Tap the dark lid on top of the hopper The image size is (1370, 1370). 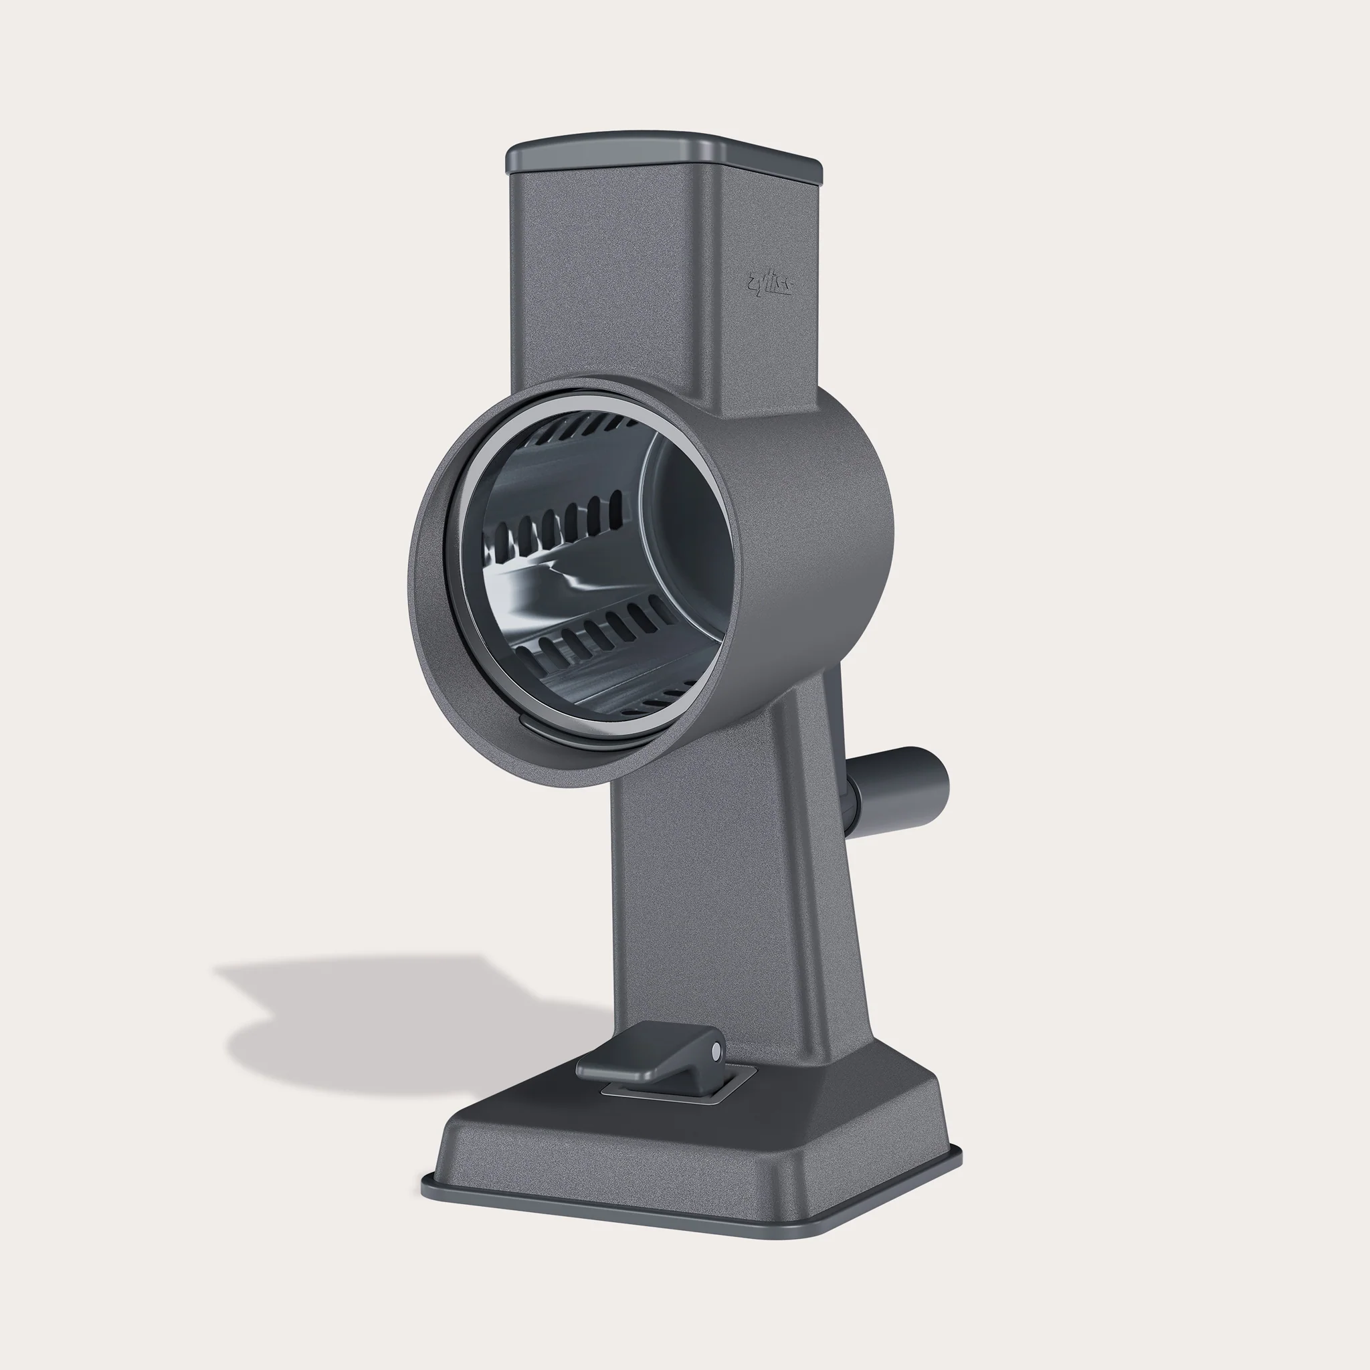(x=663, y=155)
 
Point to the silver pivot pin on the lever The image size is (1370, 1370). (x=716, y=1050)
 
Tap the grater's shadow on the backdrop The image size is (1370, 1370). (x=397, y=1021)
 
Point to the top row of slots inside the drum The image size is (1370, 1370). (x=581, y=427)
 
